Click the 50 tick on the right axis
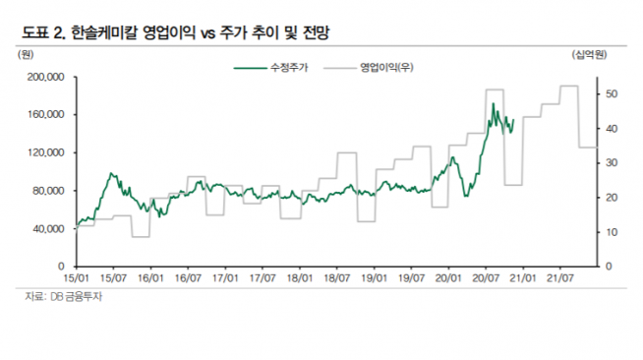coord(611,94)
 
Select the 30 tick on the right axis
coord(611,163)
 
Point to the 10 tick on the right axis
coord(611,232)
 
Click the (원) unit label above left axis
coord(27,54)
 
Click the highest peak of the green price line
coord(492,102)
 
